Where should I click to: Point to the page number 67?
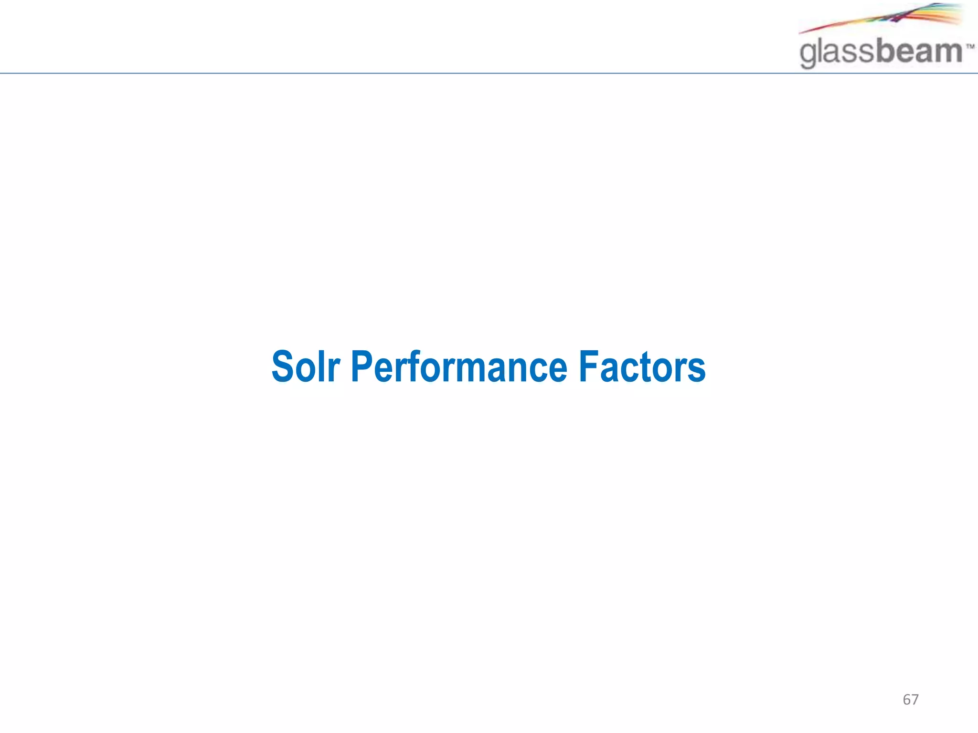(910, 700)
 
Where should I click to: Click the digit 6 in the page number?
(906, 700)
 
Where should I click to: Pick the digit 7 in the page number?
(914, 700)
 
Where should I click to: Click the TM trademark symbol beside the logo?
(970, 47)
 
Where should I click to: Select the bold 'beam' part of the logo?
(919, 51)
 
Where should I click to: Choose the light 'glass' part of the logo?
(838, 52)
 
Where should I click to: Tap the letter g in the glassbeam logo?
(808, 54)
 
